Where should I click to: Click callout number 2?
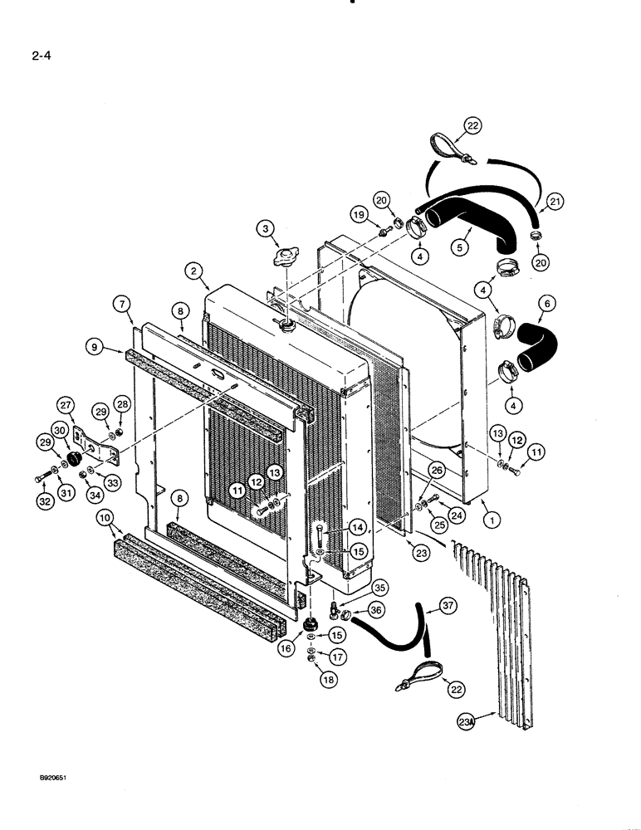pos(193,271)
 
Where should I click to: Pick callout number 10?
pos(105,520)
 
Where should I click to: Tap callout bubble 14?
pos(357,526)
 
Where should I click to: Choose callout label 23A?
pos(467,722)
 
